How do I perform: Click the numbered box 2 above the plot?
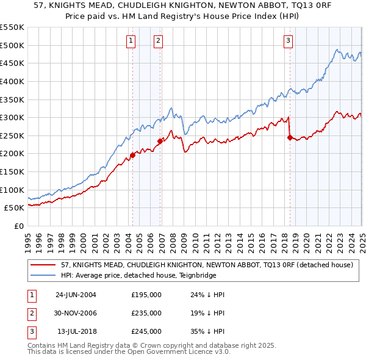158,41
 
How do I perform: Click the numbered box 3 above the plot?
288,41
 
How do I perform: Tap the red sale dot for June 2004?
132,155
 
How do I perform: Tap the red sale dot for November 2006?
160,141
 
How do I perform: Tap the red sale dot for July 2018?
290,137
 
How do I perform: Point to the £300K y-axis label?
12,117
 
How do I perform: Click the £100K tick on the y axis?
12,190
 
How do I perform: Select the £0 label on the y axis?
18,226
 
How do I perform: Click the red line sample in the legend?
43,265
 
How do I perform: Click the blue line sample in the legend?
43,275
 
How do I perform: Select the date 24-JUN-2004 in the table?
76,295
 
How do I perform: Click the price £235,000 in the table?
146,313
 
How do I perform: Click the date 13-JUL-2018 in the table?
76,331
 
